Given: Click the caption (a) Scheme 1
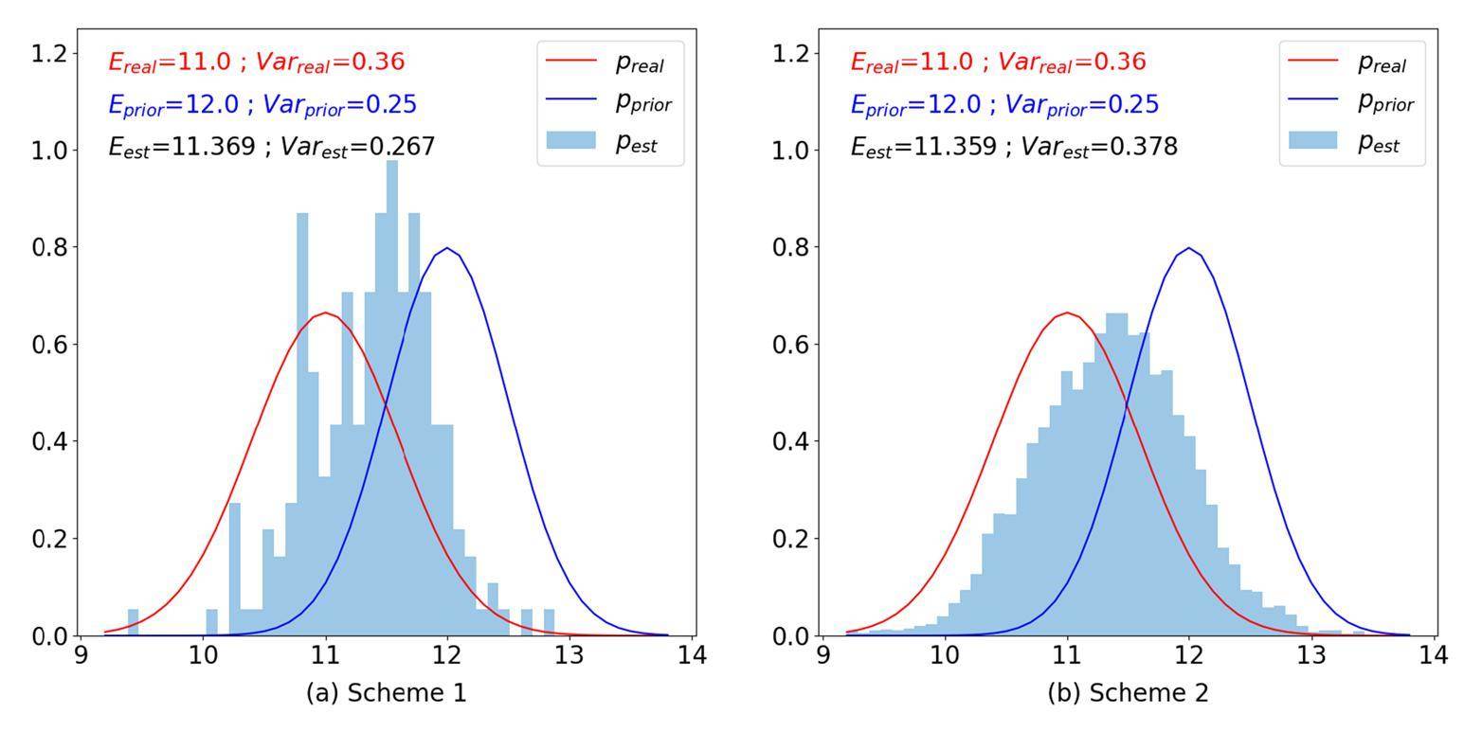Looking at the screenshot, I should [386, 693].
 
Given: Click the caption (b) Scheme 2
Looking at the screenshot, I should [1128, 693].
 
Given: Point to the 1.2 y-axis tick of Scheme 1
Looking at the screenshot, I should [49, 53].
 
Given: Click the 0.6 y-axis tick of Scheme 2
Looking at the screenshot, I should [791, 344].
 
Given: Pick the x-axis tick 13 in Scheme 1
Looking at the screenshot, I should [569, 655].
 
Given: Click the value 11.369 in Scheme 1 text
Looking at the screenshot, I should [214, 146].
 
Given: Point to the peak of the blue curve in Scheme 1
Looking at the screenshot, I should [446, 249].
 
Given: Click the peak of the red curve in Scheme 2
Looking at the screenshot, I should [1067, 312].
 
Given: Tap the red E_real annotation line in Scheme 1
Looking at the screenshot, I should [256, 62].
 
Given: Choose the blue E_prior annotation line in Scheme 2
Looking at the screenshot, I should [1004, 104].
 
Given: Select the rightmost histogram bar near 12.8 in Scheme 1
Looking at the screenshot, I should [549, 622].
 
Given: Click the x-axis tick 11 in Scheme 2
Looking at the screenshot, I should [1067, 655].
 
